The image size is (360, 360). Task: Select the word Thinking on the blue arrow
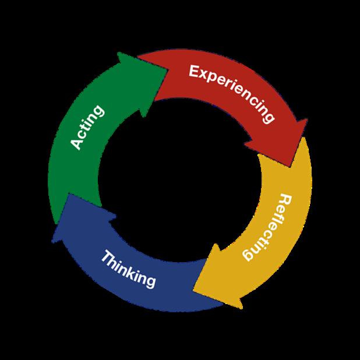pos(128,268)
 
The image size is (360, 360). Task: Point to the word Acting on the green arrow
pos(86,128)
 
